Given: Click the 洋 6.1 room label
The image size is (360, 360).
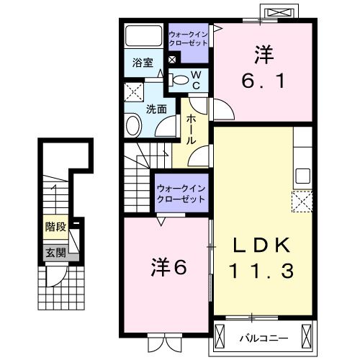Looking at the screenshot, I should [x=264, y=68].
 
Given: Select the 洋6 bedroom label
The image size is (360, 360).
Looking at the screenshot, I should [x=169, y=266].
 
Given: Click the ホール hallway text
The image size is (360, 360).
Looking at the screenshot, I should [x=192, y=130].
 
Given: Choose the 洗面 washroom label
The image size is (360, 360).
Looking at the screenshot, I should [x=157, y=109].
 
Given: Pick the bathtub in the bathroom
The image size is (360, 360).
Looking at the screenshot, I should [x=143, y=37].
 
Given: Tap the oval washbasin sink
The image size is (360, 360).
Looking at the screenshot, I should [x=134, y=127].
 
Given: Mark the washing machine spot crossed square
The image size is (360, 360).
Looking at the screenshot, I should [x=134, y=92].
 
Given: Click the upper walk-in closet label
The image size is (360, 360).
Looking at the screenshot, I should [x=189, y=38].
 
